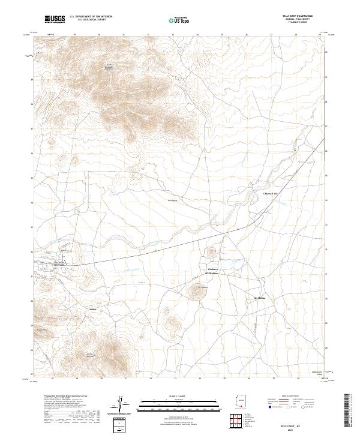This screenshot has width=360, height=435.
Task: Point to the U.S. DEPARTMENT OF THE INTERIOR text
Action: [91, 17]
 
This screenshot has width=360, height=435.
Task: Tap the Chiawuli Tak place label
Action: [272, 194]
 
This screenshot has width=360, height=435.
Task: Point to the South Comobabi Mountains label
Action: [109, 68]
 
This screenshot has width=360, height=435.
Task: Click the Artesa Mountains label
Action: [90, 354]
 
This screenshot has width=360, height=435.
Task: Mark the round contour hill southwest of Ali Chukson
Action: [196, 292]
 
